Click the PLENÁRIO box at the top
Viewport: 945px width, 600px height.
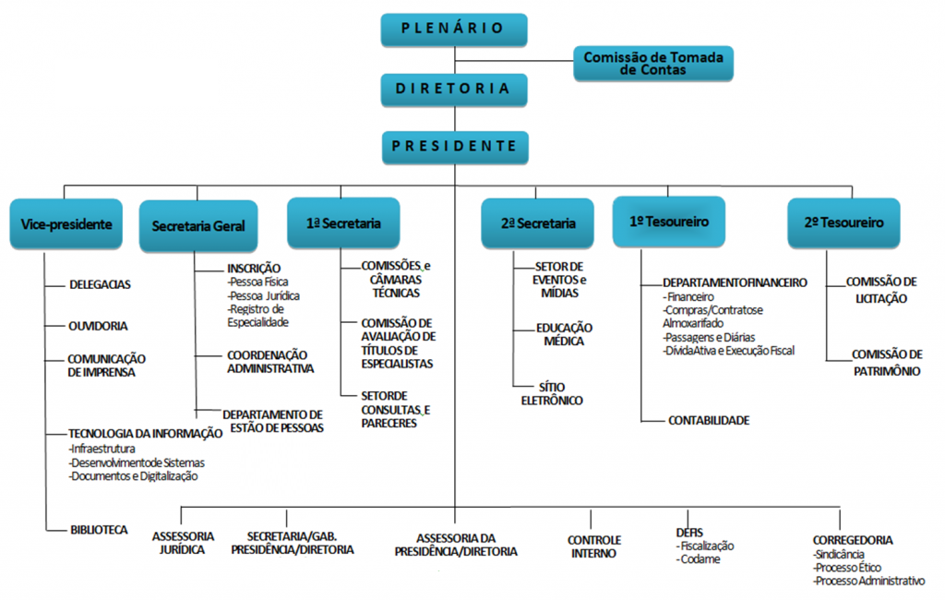click(x=453, y=29)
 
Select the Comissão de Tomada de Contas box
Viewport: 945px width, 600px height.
click(x=653, y=63)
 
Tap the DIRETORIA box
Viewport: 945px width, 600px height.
click(x=453, y=89)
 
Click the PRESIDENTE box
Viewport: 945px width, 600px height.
click(x=453, y=146)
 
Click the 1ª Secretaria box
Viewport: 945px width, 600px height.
click(x=343, y=223)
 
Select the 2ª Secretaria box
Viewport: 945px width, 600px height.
click(x=538, y=223)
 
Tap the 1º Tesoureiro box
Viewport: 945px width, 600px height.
click(x=669, y=222)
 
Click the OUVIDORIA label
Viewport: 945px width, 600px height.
click(x=99, y=326)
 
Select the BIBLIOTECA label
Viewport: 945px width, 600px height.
click(x=99, y=530)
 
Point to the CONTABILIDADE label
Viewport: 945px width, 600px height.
click(x=709, y=420)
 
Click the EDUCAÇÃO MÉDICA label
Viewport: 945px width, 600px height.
click(x=564, y=334)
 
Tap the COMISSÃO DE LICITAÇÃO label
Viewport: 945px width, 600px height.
click(x=881, y=290)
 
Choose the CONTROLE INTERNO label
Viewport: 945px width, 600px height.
click(x=593, y=546)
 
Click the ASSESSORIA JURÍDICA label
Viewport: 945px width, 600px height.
click(x=183, y=543)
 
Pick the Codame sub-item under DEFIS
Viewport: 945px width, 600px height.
click(x=699, y=559)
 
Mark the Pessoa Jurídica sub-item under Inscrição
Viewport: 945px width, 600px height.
click(x=264, y=296)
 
